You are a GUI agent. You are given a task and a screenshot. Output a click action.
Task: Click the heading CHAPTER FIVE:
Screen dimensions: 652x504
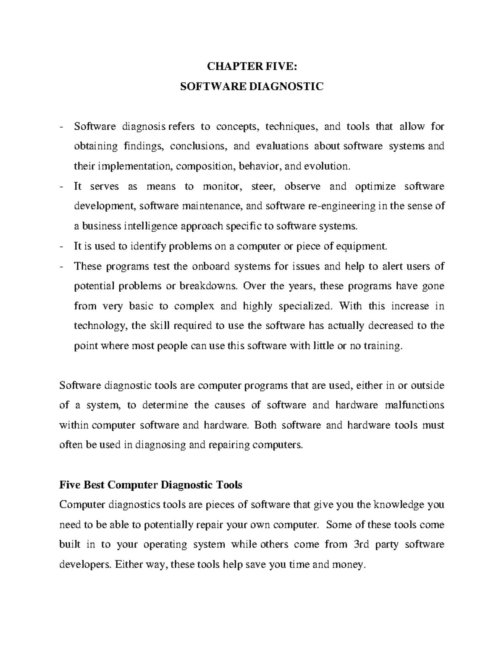click(x=252, y=67)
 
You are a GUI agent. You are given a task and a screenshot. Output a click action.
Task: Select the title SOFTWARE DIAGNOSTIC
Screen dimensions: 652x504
click(x=252, y=87)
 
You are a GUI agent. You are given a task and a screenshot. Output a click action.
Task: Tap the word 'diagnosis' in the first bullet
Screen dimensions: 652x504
click(x=144, y=127)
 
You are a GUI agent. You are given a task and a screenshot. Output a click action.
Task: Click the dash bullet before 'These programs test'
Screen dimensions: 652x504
click(x=62, y=266)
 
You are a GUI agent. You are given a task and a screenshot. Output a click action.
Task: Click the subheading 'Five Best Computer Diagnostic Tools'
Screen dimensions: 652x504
click(x=151, y=485)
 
